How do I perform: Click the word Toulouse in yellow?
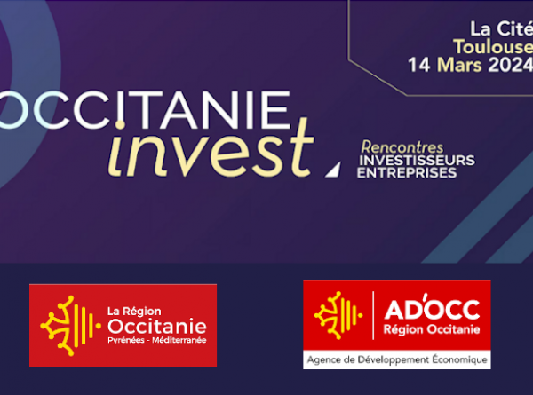click(x=493, y=46)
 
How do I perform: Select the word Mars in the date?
click(x=459, y=65)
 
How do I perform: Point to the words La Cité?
click(x=502, y=28)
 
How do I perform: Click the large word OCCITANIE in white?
click(x=146, y=110)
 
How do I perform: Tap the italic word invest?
click(x=211, y=149)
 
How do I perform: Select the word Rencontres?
click(x=402, y=147)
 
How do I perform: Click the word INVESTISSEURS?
click(x=418, y=161)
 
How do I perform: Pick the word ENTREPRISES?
click(x=407, y=173)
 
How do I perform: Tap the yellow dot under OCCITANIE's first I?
click(x=120, y=124)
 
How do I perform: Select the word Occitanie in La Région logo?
click(x=157, y=326)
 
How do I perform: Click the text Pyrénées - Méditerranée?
click(x=157, y=340)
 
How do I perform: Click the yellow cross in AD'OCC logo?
click(x=338, y=315)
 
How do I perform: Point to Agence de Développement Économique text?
click(x=397, y=359)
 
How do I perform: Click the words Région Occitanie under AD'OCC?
click(x=432, y=329)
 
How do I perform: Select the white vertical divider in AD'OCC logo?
click(x=373, y=315)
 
